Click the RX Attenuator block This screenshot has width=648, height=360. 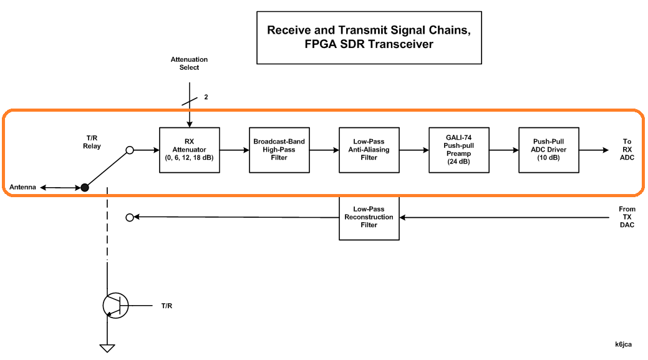pos(190,150)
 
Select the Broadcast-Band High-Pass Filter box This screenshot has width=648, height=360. pos(279,150)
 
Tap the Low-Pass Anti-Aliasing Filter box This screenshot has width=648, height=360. pos(369,150)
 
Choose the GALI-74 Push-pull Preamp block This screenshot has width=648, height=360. pos(459,150)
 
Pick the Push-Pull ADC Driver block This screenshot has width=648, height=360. pos(549,150)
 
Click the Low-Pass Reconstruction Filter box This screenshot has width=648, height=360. pos(369,217)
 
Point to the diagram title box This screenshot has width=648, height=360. pos(369,37)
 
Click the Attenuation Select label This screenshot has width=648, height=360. pos(189,63)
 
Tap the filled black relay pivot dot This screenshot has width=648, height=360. pos(85,187)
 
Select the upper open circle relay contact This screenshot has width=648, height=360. pos(130,150)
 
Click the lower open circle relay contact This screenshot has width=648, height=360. pos(130,217)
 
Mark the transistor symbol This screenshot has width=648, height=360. pos(115,305)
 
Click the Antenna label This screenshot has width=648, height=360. pos(23,187)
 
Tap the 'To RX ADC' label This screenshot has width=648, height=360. pos(627,150)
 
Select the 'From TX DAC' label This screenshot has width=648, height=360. pos(627,217)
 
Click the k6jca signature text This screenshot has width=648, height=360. pos(624,344)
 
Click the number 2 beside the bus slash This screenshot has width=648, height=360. pos(206,98)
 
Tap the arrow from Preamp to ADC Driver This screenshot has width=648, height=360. pos(504,150)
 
